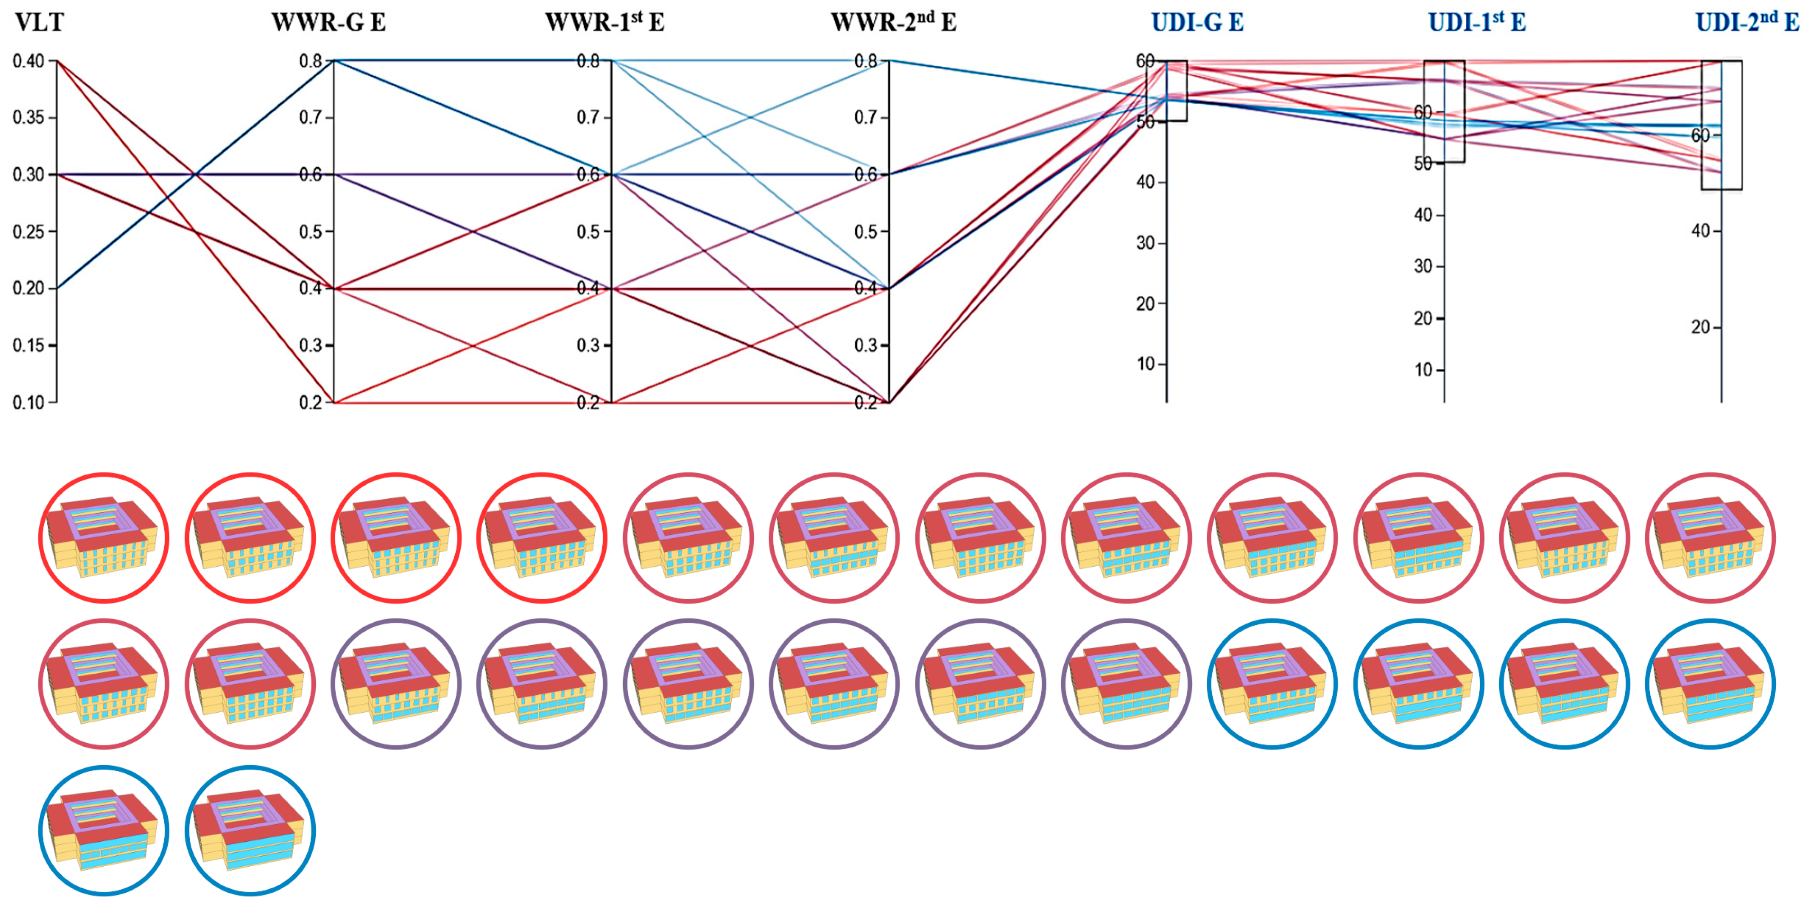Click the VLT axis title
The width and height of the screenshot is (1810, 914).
(x=39, y=23)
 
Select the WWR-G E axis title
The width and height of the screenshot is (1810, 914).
(x=328, y=23)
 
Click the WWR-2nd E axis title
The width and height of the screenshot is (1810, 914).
(x=893, y=23)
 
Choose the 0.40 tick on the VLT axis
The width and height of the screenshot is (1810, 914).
(x=29, y=61)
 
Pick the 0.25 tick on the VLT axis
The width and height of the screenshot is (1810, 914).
(x=29, y=232)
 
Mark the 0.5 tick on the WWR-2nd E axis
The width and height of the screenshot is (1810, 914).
(x=866, y=232)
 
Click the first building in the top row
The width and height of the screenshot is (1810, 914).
(x=104, y=538)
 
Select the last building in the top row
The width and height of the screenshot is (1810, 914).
(x=1709, y=538)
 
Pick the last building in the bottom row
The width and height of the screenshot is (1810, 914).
(x=250, y=831)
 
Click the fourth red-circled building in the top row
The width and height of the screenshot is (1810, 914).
(x=542, y=538)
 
